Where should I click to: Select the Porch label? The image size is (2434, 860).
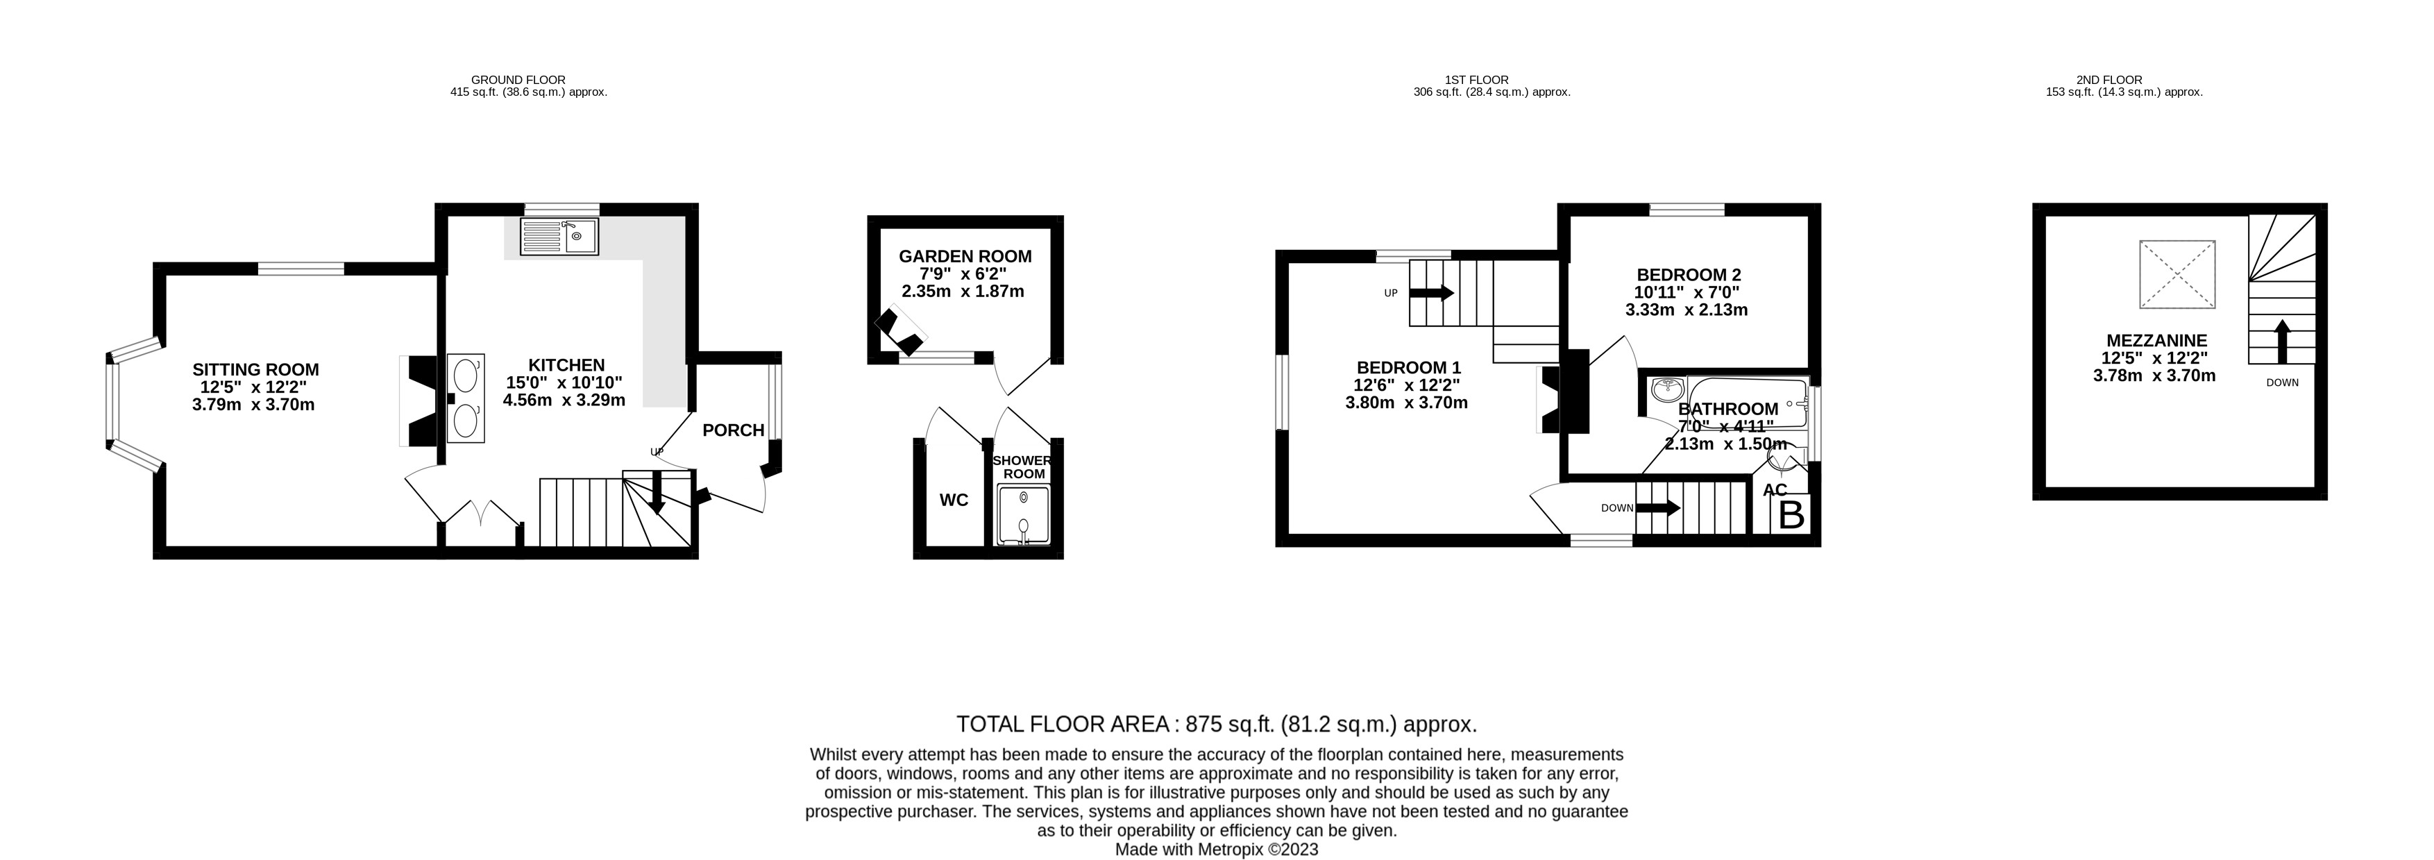tap(733, 431)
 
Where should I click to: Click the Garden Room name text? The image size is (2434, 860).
tap(965, 256)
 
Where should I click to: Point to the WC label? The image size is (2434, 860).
tap(954, 500)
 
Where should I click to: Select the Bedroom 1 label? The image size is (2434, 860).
tap(1408, 368)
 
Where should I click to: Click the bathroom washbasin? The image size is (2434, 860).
tap(1665, 389)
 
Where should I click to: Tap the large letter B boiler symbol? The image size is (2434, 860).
tap(1791, 516)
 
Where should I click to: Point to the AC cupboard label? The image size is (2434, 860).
tap(1775, 489)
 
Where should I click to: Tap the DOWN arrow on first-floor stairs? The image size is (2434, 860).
tap(1658, 507)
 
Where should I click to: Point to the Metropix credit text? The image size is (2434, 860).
tap(1216, 850)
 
